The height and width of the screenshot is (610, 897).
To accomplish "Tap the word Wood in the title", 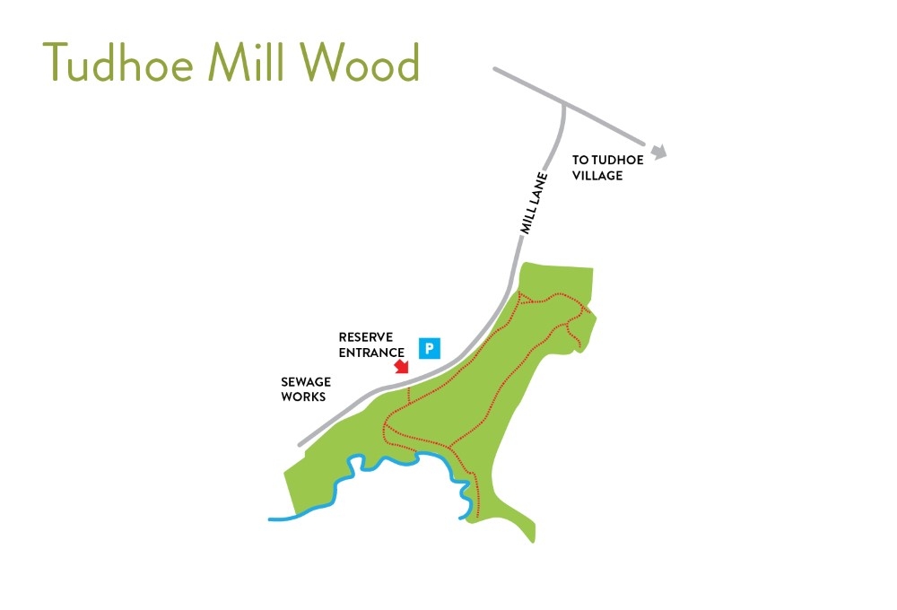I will (360, 63).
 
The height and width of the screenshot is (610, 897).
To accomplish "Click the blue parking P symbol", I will (431, 348).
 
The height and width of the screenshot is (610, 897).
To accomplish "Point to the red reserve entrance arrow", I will (401, 366).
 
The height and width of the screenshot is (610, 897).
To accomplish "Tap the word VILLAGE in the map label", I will (597, 176).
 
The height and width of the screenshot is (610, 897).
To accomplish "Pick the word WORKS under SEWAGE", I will (303, 396).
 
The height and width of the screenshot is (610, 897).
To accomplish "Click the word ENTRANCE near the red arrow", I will (371, 352).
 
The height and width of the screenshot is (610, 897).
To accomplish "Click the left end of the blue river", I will (270, 518).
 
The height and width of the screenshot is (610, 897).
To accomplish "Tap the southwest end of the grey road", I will (300, 443).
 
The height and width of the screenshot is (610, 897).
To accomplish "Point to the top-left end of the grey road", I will (494, 68).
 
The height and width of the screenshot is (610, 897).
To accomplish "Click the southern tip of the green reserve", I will (533, 541).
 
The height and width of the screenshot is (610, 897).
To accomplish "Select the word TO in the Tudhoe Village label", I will (579, 160).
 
